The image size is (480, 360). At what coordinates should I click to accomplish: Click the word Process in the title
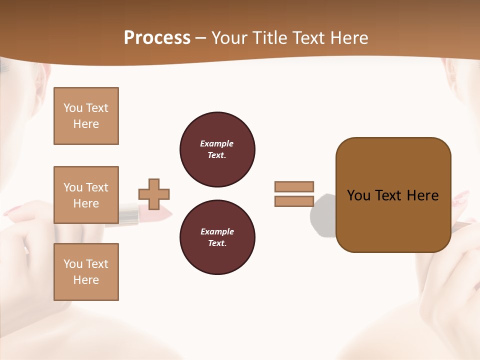tap(157, 38)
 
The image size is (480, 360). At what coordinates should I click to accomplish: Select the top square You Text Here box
tap(86, 116)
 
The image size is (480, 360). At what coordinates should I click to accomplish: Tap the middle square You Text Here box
tap(86, 195)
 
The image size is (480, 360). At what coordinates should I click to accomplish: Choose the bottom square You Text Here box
tap(86, 272)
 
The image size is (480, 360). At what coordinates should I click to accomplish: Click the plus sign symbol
tap(154, 194)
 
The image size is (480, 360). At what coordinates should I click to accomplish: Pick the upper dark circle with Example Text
tap(217, 149)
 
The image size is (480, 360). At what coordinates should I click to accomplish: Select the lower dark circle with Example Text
tap(217, 237)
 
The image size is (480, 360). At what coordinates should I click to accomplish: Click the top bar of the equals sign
tap(294, 186)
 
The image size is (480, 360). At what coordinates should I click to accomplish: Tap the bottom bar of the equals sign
tap(294, 201)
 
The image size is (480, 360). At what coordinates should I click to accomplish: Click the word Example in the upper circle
tap(216, 143)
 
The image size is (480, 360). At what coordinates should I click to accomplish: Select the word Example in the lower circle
tap(216, 231)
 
